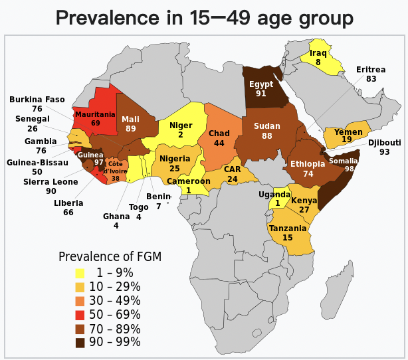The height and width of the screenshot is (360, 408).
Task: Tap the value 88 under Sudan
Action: [x=267, y=136]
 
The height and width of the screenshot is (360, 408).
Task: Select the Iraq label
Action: [x=318, y=52]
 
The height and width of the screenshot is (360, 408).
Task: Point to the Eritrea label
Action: [x=371, y=69]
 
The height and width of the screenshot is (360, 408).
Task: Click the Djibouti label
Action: [x=385, y=142]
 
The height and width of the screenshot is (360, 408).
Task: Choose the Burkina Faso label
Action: [x=37, y=100]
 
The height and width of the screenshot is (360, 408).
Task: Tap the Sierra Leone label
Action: [x=51, y=182]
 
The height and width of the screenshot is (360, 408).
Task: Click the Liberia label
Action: [x=68, y=203]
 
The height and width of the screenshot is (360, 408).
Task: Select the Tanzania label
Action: [x=288, y=228]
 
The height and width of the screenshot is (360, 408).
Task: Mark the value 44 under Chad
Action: [x=219, y=143]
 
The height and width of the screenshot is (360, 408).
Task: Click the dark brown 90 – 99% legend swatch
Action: [x=80, y=343]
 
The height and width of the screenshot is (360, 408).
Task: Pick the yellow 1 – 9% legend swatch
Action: [x=80, y=273]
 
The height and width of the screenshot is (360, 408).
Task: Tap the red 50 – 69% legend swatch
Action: [x=80, y=315]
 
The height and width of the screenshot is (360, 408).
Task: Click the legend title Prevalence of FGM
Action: [x=110, y=256]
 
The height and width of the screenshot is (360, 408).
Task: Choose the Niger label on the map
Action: [x=181, y=126]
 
